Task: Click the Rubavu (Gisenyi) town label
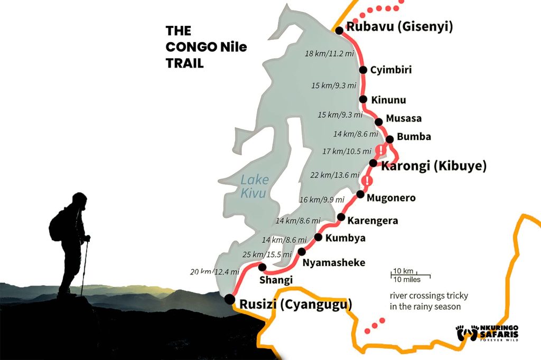399,27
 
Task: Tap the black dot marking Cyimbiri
363,70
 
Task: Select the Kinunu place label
389,100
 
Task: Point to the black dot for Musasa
378,121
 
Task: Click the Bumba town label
414,137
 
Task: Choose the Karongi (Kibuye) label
433,166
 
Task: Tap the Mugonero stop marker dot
360,194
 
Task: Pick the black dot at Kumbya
318,237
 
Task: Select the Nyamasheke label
334,262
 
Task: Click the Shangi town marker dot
262,267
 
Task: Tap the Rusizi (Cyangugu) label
295,304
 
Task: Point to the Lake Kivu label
254,186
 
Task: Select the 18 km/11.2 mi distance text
329,54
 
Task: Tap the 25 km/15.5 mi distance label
267,254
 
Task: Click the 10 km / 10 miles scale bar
411,275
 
